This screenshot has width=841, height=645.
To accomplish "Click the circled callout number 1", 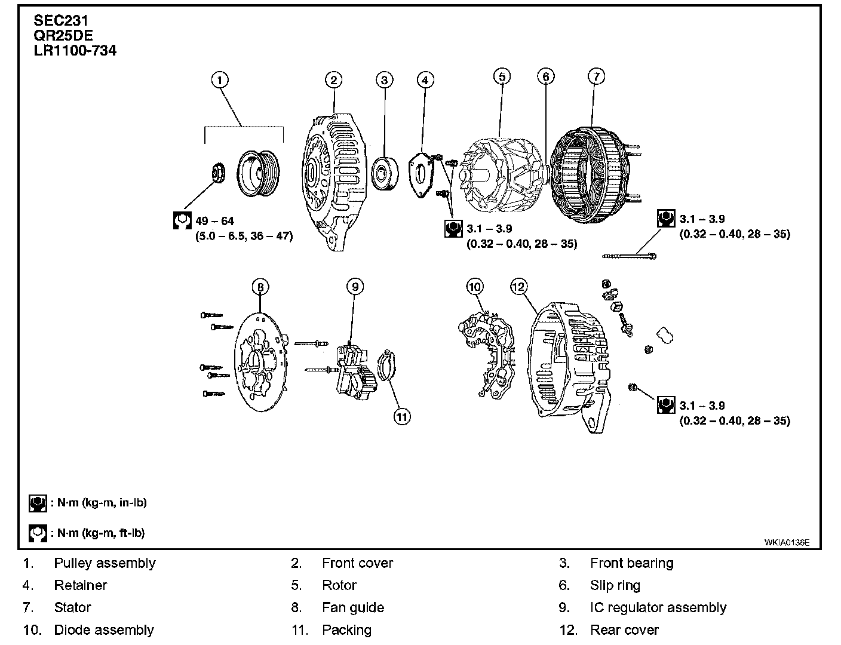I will pyautogui.click(x=220, y=80).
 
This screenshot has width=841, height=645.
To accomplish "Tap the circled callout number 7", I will pyautogui.click(x=596, y=76).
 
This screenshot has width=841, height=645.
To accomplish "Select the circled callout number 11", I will pyautogui.click(x=402, y=416).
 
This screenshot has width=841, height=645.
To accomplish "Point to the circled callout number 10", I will pyautogui.click(x=474, y=287).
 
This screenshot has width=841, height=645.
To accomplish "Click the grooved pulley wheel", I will pyautogui.click(x=259, y=173).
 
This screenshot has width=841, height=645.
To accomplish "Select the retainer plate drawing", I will pyautogui.click(x=422, y=176).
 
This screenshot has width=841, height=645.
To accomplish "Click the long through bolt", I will pyautogui.click(x=629, y=256).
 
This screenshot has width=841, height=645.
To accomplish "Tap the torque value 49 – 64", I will pyautogui.click(x=215, y=222).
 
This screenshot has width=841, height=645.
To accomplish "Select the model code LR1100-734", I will pyautogui.click(x=75, y=50).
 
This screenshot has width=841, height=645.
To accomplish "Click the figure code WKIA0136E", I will pyautogui.click(x=787, y=542).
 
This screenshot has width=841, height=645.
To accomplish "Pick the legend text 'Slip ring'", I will pyautogui.click(x=615, y=585).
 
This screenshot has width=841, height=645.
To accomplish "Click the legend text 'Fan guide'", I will pyautogui.click(x=352, y=607).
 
